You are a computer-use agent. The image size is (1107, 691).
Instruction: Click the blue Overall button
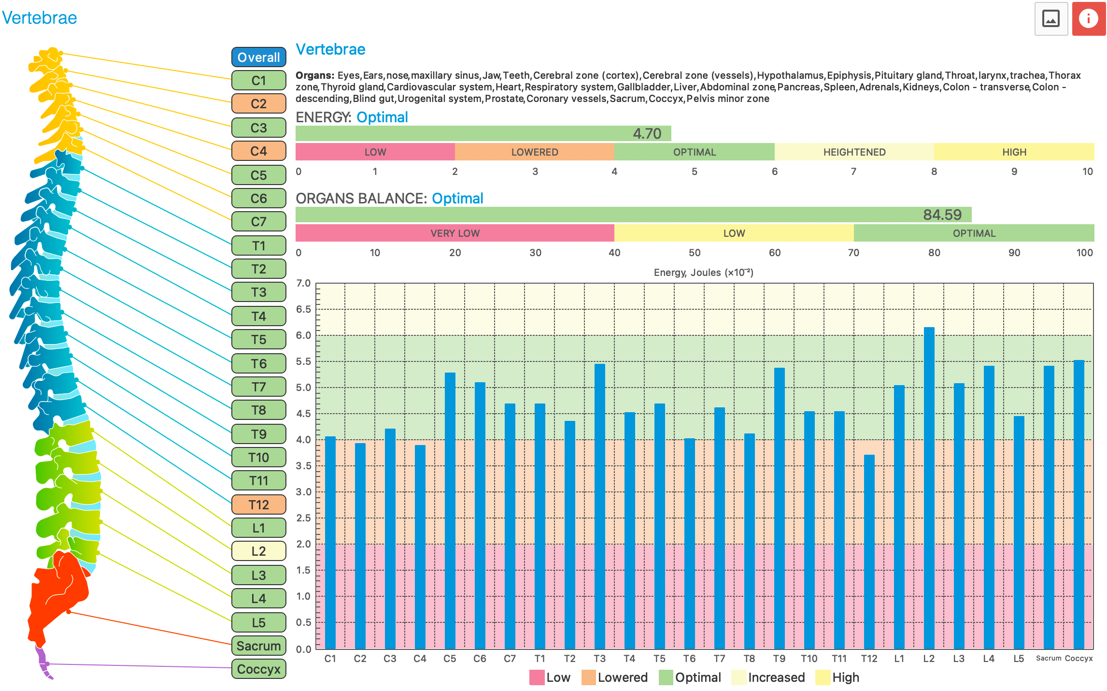pyautogui.click(x=258, y=57)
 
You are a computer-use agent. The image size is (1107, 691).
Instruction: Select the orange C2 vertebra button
pyautogui.click(x=258, y=103)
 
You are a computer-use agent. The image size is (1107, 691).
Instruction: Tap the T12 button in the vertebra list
pyautogui.click(x=258, y=504)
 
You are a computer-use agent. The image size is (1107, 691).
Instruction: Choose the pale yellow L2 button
pyautogui.click(x=258, y=551)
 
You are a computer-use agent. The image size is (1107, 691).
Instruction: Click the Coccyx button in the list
pyautogui.click(x=258, y=669)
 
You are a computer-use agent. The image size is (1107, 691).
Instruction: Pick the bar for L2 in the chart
pyautogui.click(x=929, y=488)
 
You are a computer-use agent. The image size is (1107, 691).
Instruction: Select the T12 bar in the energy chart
pyautogui.click(x=869, y=551)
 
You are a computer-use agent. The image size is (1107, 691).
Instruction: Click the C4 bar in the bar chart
pyautogui.click(x=420, y=546)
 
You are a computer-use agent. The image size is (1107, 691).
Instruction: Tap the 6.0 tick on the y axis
pyautogui.click(x=303, y=335)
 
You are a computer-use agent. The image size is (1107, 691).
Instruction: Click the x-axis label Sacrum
pyautogui.click(x=1048, y=658)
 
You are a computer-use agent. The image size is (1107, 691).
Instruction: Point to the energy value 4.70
pyautogui.click(x=647, y=133)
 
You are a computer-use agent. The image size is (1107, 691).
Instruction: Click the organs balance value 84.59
pyautogui.click(x=942, y=215)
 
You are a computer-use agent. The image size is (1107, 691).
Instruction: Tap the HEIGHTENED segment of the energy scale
pyautogui.click(x=854, y=152)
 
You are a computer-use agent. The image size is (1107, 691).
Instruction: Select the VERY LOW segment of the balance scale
pyautogui.click(x=454, y=233)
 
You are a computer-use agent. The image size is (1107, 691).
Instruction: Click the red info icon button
pyautogui.click(x=1088, y=19)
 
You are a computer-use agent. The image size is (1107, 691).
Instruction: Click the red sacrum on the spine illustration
pyautogui.click(x=58, y=594)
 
